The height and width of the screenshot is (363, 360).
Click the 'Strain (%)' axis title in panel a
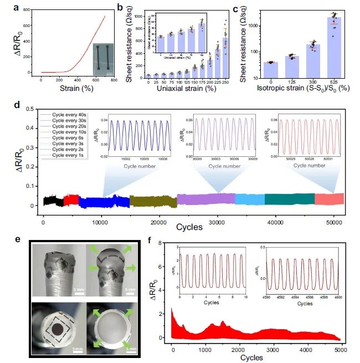click(x=73, y=88)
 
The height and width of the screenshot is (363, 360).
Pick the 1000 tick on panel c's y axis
click(x=247, y=26)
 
